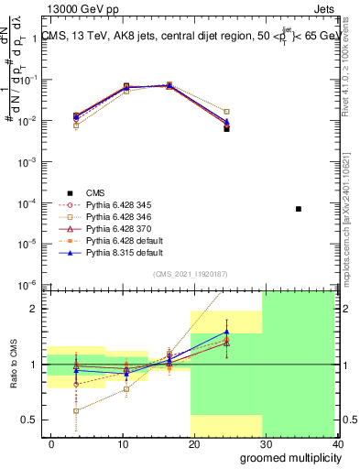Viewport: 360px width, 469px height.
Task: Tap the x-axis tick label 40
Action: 337,444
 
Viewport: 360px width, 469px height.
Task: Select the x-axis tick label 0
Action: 51,444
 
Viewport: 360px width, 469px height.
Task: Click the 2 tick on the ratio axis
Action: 33,309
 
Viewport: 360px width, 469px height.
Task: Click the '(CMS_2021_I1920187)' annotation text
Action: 190,274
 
